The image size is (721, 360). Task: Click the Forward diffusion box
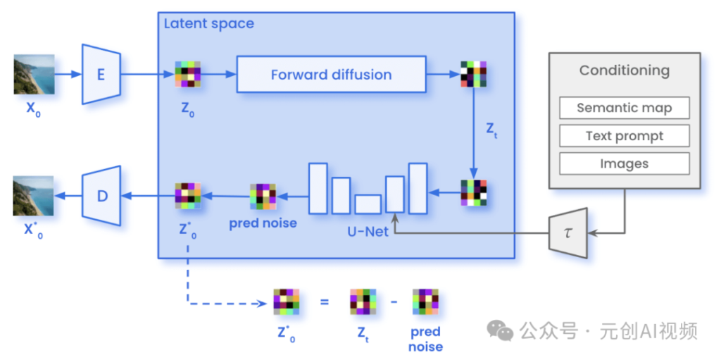point(331,74)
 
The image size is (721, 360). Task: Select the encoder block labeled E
point(101,74)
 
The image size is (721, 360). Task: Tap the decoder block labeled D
point(101,196)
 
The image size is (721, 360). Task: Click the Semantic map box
point(624,108)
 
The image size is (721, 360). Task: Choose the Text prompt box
point(624,136)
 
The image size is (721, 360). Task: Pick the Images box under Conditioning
point(624,163)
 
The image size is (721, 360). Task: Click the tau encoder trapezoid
point(568,233)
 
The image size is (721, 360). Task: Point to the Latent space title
point(208,23)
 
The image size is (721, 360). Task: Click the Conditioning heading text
point(624,70)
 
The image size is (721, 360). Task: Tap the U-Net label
point(368,231)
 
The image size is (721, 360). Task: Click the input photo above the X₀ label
point(34,74)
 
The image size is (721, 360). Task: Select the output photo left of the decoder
point(33,196)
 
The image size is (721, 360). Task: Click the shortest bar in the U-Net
point(368,204)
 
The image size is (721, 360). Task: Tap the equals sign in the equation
point(325,302)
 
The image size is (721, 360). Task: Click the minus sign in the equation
point(394,302)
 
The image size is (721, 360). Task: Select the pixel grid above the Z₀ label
point(187,74)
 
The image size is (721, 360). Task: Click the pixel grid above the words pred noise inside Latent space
point(263,197)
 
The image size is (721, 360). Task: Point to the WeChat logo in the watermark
point(501,330)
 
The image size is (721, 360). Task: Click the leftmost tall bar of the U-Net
point(318,188)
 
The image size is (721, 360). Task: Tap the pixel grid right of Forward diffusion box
point(474,74)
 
